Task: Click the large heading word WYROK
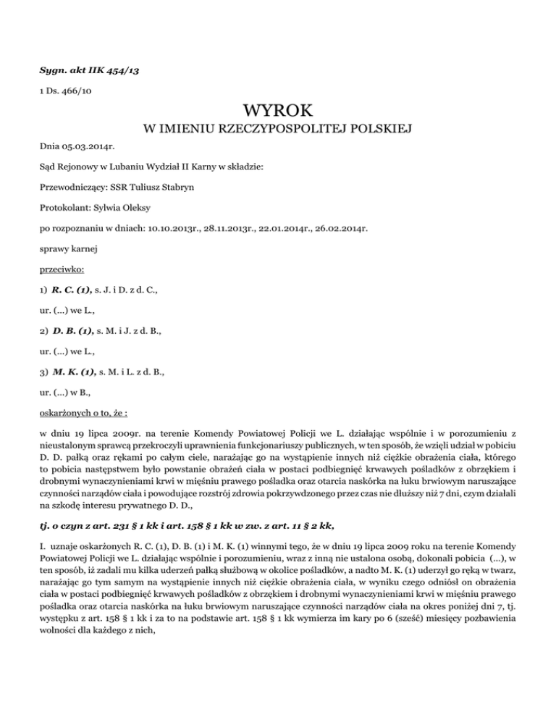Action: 278,112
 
